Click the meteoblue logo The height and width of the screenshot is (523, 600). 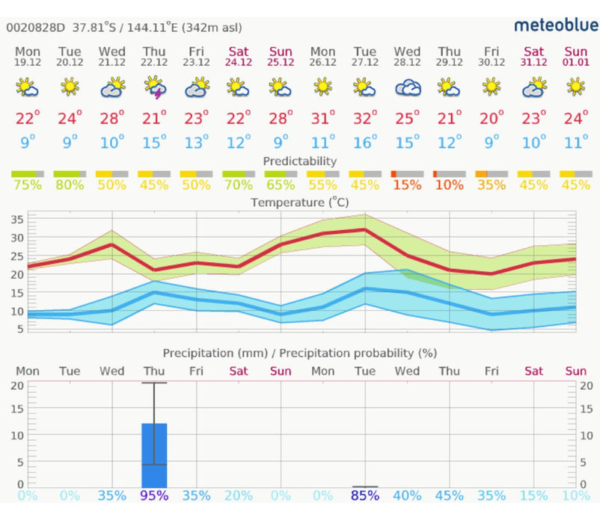555,25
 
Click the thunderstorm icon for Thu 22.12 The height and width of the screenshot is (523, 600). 154,87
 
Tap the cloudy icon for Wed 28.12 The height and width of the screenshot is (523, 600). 407,87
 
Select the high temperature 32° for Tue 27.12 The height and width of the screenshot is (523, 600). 365,118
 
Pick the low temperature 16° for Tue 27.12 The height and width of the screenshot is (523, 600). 365,143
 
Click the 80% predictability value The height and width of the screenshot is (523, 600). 70,185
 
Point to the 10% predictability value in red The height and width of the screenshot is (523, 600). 449,185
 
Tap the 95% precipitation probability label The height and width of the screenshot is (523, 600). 154,495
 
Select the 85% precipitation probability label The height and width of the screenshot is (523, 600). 365,495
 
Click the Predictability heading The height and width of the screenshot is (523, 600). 299,161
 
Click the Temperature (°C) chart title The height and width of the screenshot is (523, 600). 299,202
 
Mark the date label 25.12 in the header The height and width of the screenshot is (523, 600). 281,62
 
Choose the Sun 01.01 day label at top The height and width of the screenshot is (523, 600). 575,55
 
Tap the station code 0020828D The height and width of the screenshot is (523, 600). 36,28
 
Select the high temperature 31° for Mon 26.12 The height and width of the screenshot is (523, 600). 322,118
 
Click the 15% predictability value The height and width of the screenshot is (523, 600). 407,185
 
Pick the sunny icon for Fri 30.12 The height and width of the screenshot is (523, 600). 492,87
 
